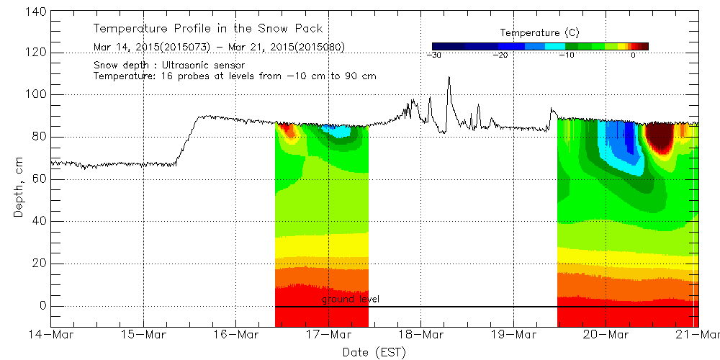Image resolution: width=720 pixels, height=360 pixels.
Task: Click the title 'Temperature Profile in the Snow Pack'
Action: (208, 29)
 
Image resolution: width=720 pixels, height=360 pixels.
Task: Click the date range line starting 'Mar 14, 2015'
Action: (220, 48)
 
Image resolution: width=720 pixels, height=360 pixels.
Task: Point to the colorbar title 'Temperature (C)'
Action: (539, 33)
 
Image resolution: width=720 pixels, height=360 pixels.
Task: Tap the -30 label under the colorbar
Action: (434, 55)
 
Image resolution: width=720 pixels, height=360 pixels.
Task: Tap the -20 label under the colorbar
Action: (500, 55)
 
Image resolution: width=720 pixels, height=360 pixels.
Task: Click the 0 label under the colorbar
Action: (633, 55)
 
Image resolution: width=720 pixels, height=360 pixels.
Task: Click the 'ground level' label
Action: (350, 299)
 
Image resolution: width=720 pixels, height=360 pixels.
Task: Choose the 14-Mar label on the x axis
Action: (50, 334)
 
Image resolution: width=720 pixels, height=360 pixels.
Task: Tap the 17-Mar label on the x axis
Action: (328, 334)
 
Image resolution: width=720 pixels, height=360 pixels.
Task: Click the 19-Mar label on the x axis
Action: (513, 334)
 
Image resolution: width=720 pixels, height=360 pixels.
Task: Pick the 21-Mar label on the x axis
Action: (697, 334)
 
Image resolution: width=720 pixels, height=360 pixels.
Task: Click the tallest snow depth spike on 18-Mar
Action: (449, 78)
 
